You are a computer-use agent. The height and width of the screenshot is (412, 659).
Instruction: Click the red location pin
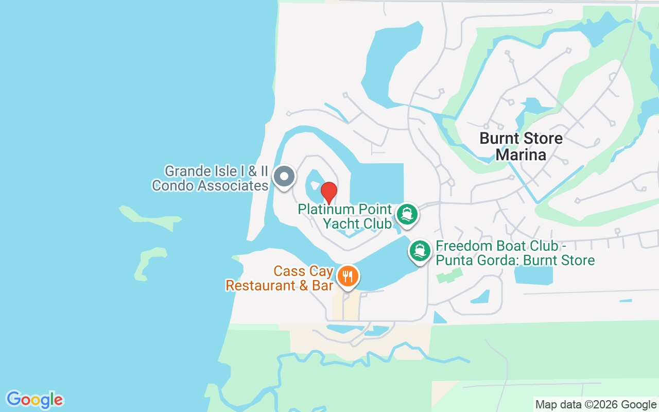point(329,193)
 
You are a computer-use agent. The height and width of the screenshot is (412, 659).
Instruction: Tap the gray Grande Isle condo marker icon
point(284,177)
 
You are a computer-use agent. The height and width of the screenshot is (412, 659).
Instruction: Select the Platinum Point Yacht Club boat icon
point(407,214)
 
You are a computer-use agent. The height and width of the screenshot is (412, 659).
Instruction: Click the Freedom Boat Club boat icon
point(420,251)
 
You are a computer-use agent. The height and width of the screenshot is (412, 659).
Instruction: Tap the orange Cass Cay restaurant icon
point(348,277)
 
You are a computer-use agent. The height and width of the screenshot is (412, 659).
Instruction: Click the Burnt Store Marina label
point(521,146)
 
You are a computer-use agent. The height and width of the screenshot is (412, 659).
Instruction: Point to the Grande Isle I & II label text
point(210,178)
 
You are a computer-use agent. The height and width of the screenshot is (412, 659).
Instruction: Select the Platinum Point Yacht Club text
point(344,216)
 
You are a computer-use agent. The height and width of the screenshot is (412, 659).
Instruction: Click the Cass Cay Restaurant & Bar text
point(280,278)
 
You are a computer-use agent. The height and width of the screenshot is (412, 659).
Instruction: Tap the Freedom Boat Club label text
point(515,253)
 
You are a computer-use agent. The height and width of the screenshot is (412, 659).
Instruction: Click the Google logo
point(34,400)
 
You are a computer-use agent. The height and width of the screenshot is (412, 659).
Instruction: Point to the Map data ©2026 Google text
point(596,405)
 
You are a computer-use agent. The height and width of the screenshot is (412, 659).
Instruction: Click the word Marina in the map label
point(521,154)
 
